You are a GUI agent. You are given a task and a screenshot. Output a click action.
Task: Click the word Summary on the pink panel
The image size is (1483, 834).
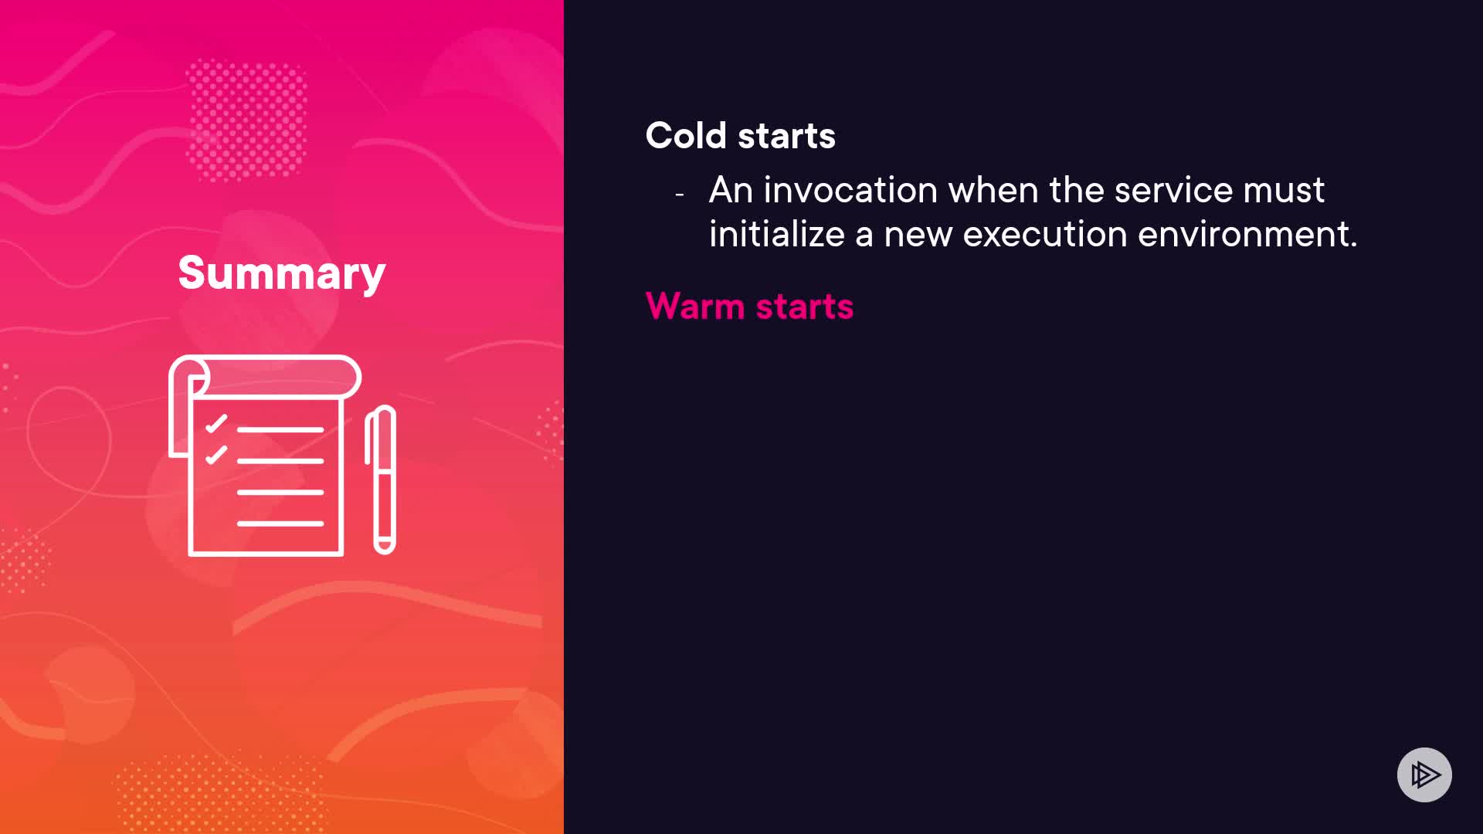[281, 273]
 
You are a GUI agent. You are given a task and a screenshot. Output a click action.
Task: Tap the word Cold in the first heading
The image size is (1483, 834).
[686, 135]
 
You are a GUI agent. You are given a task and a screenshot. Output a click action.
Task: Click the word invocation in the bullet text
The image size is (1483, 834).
[850, 190]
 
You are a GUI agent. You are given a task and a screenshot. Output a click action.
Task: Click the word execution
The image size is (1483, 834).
[1045, 234]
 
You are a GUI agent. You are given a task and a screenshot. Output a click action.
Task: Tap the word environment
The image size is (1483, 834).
[1247, 234]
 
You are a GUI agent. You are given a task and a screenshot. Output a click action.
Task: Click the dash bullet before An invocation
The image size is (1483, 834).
[680, 195]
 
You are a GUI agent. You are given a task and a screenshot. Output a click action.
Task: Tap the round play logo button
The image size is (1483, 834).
[1424, 775]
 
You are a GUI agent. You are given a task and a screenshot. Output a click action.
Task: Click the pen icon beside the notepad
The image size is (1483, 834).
[381, 480]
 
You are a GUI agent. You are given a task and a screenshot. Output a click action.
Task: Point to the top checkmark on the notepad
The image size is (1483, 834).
[216, 424]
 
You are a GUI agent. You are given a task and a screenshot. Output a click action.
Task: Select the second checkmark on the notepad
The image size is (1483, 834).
[216, 455]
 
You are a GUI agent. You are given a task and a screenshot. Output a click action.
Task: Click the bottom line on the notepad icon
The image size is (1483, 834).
[280, 524]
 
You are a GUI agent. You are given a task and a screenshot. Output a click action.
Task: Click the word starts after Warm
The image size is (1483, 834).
[805, 307]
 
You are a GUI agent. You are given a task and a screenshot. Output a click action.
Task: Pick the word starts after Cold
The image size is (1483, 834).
[786, 136]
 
